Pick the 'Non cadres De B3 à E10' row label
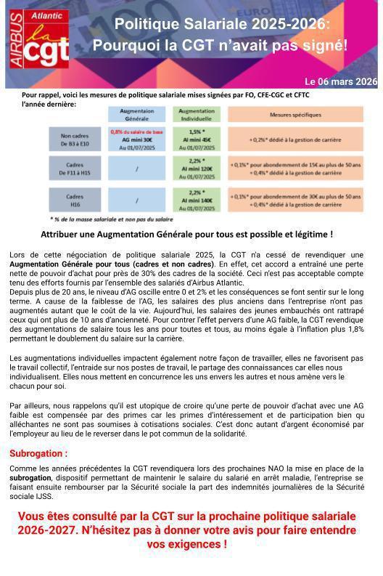(x=75, y=138)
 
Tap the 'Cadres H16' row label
(x=75, y=200)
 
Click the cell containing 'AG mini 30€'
(x=136, y=138)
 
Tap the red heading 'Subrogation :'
(x=38, y=453)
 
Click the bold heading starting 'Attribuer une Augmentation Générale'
(x=187, y=235)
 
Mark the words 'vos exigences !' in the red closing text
(x=187, y=543)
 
